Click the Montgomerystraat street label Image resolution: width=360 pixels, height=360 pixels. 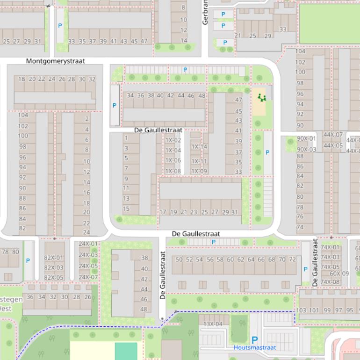coord(56,61)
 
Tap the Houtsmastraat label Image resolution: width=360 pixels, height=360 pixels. coord(255,348)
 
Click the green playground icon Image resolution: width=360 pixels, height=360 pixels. coord(262,97)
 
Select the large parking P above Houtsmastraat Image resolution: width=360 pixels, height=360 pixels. coord(255,340)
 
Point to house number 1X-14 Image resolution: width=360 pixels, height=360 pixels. coord(199,147)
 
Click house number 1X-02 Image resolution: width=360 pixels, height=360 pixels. coord(173,140)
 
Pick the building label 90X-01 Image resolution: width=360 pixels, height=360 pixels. coord(307,139)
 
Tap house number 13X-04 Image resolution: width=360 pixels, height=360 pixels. coord(213,324)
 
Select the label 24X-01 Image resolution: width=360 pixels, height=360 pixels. coord(88,244)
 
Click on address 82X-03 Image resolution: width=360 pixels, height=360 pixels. coord(54,268)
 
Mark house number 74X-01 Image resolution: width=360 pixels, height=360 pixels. coord(330,248)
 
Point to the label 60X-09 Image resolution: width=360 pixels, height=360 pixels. coord(339,274)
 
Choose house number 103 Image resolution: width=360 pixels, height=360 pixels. coord(302,310)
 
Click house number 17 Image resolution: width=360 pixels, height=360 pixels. coord(163,212)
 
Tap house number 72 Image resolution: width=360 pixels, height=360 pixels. coord(293,259)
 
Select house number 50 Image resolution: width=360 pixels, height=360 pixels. coord(179,259)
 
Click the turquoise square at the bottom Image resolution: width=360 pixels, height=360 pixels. coord(126,351)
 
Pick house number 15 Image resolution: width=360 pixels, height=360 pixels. coord(126,209)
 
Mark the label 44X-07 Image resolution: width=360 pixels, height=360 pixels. coord(333,135)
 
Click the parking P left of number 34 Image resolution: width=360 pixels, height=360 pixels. coord(115,106)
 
